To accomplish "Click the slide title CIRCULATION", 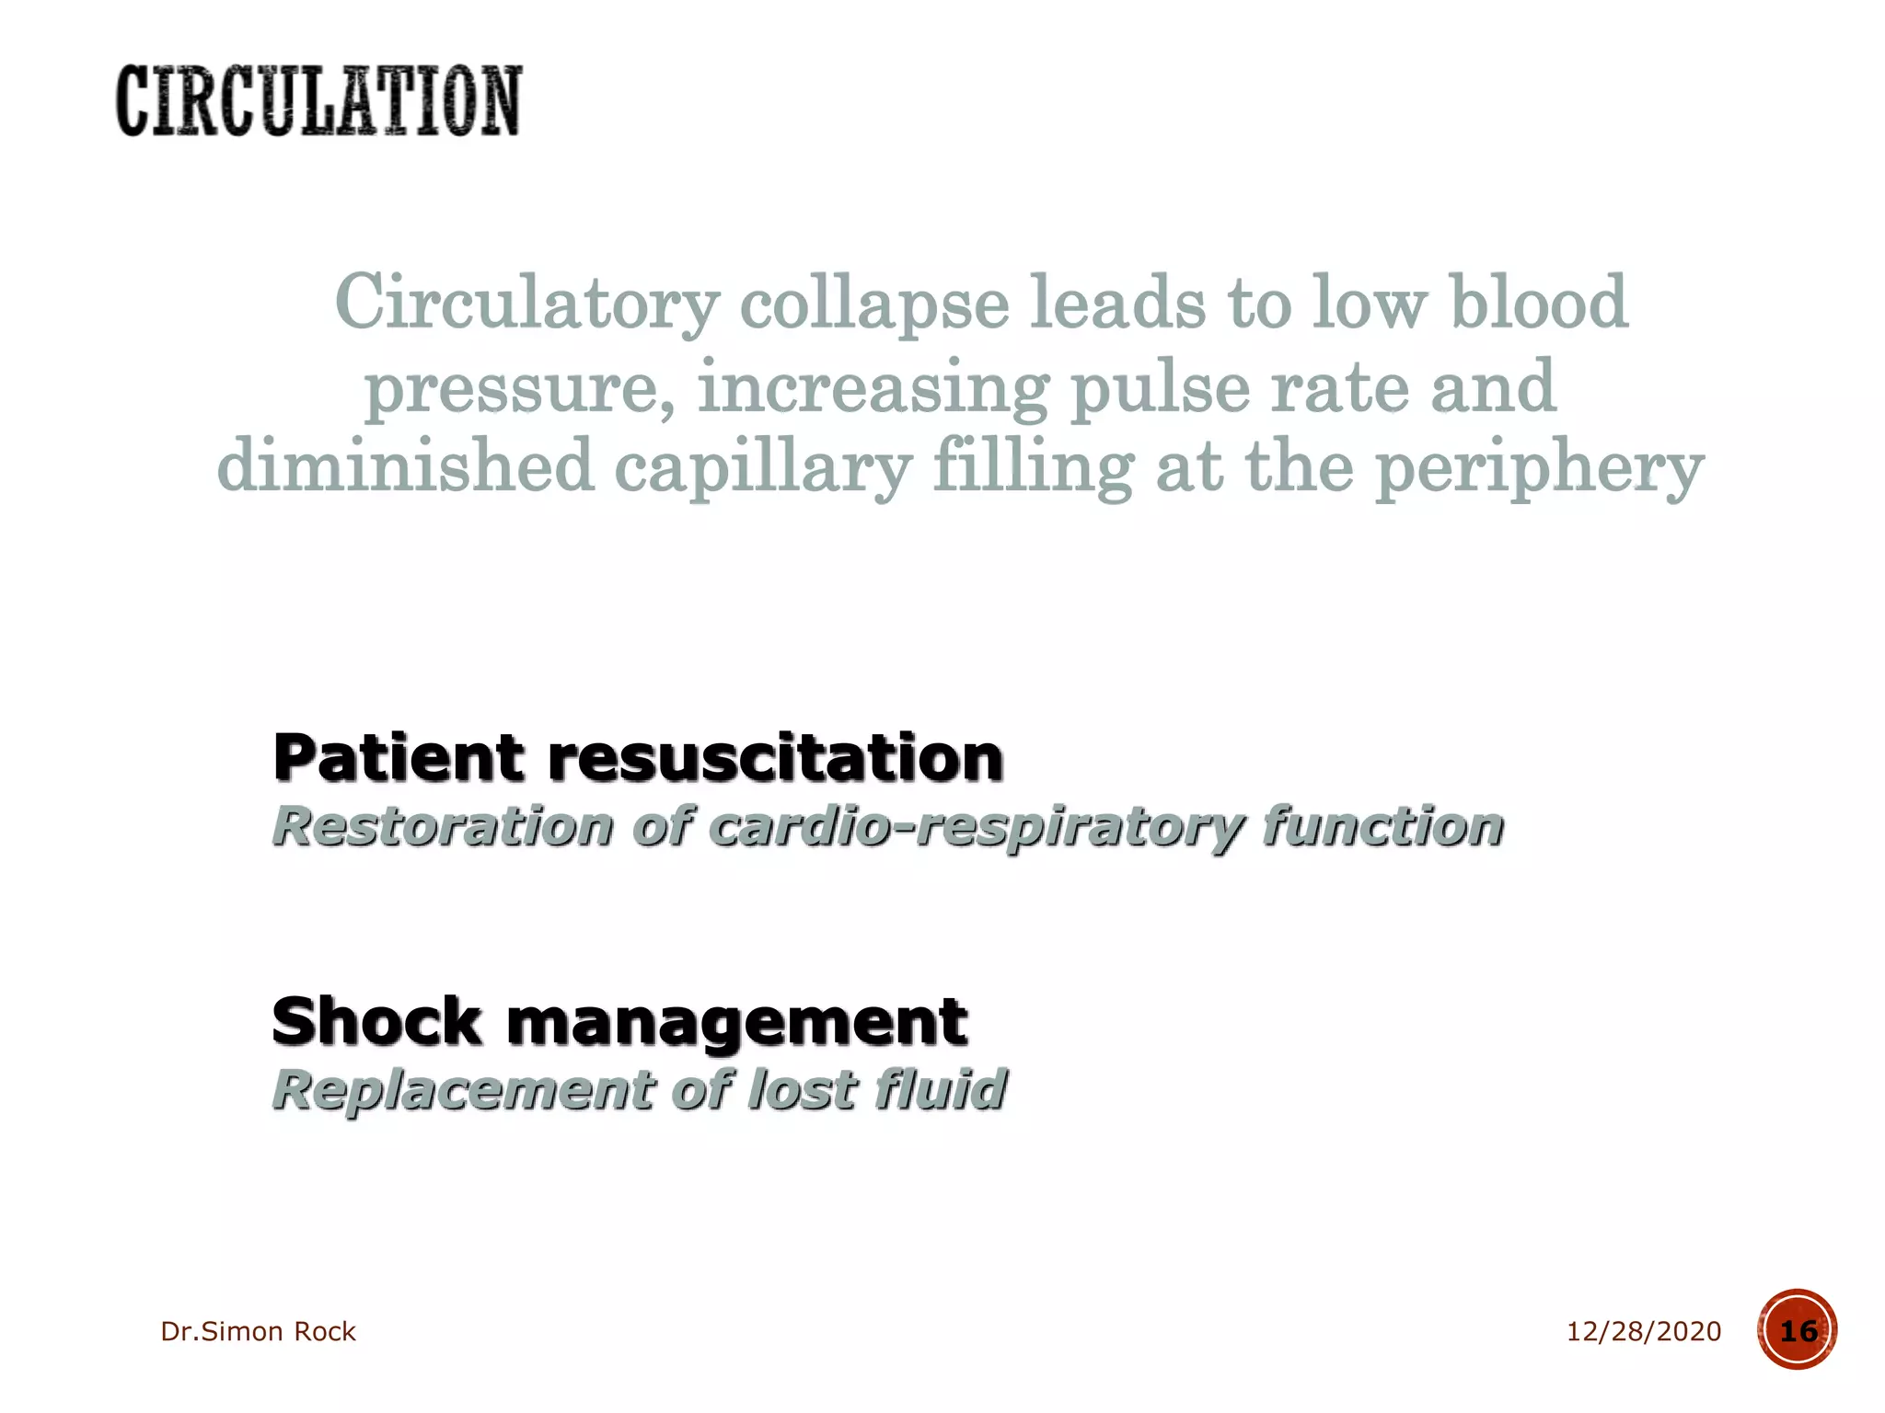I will point(318,101).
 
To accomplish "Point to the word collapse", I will point(874,304).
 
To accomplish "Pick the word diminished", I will point(405,465).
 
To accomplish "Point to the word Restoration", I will point(443,825).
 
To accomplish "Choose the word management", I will point(736,1023).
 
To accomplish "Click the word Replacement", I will point(461,1090).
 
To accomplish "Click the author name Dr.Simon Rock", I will point(258,1331).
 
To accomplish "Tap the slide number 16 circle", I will point(1797,1330).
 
